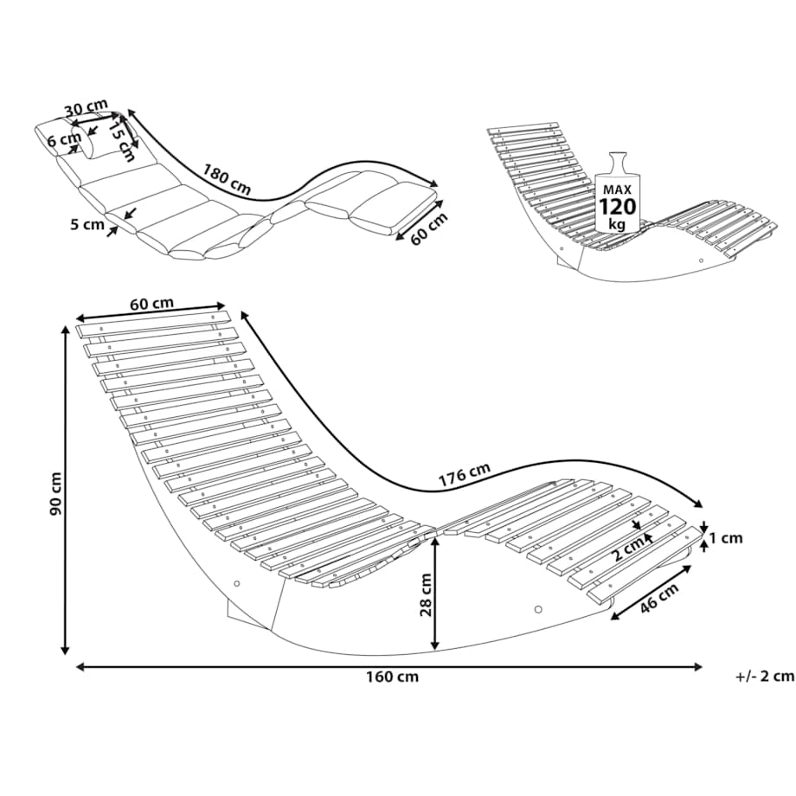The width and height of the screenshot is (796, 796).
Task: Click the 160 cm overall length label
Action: pos(393,677)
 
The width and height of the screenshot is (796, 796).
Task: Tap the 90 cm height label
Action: pos(56,494)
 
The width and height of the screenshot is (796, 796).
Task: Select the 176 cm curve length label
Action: pos(465,475)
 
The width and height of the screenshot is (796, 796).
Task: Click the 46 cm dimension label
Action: pos(658,598)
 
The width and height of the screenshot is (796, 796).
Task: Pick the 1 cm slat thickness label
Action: pos(726,537)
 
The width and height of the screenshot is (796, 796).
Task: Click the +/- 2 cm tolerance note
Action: pos(765,677)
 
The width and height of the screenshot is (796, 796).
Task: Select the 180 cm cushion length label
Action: pos(227,179)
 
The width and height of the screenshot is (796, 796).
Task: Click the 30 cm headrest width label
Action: pos(83,109)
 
